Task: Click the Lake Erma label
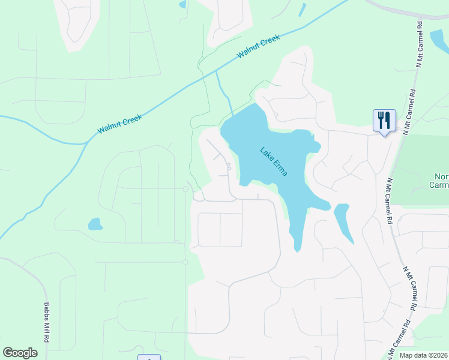point(274,161)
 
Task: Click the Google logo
point(20,353)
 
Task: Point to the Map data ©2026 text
point(424,355)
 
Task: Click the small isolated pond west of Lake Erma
point(95,224)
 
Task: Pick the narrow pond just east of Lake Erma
point(343,222)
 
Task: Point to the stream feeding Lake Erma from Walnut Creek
point(224,93)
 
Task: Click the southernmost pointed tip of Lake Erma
point(297,248)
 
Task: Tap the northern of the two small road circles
point(185,189)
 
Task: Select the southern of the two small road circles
point(185,262)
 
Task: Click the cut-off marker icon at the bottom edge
point(149,358)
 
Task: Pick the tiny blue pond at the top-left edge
point(182,5)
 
